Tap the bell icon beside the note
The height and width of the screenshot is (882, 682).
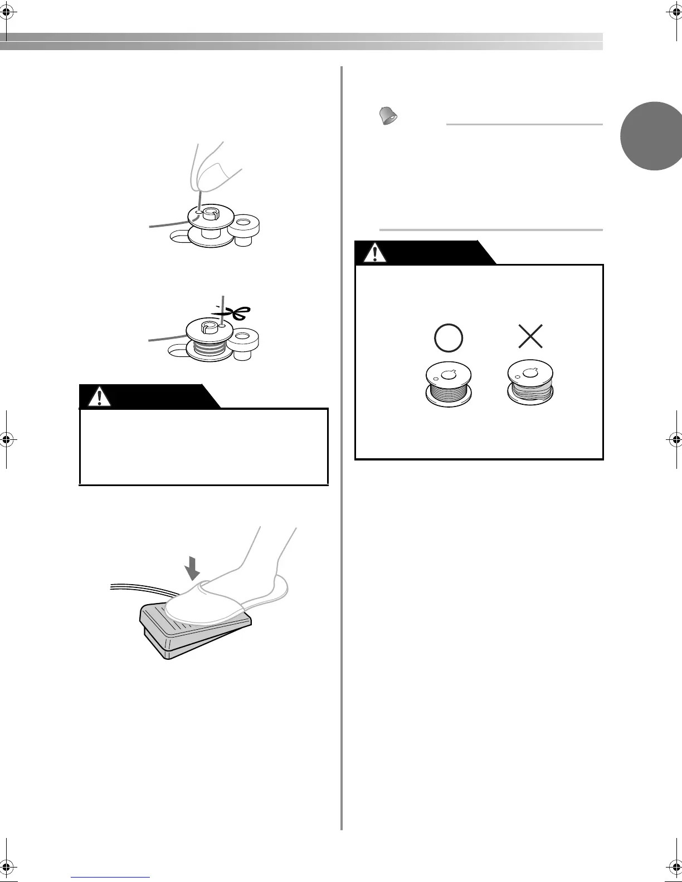click(x=388, y=116)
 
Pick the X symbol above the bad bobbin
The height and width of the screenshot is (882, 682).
click(x=530, y=337)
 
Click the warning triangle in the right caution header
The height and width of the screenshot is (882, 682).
click(x=376, y=253)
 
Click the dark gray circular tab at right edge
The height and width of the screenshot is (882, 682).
click(x=652, y=136)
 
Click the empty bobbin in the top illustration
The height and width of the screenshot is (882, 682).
click(x=209, y=226)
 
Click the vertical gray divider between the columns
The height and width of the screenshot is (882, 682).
click(x=341, y=445)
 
